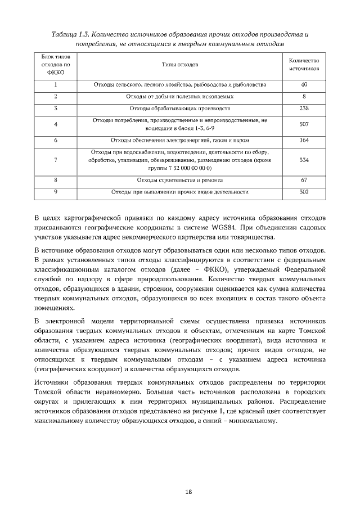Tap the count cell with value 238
click(x=304, y=108)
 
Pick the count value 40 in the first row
click(x=304, y=85)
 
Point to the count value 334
click(x=304, y=160)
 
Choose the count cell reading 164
click(x=304, y=140)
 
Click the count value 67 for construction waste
click(x=304, y=180)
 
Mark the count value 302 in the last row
click(x=304, y=192)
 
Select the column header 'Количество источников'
click(x=304, y=65)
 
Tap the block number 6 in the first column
click(x=56, y=140)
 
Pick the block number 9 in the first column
click(x=56, y=192)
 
